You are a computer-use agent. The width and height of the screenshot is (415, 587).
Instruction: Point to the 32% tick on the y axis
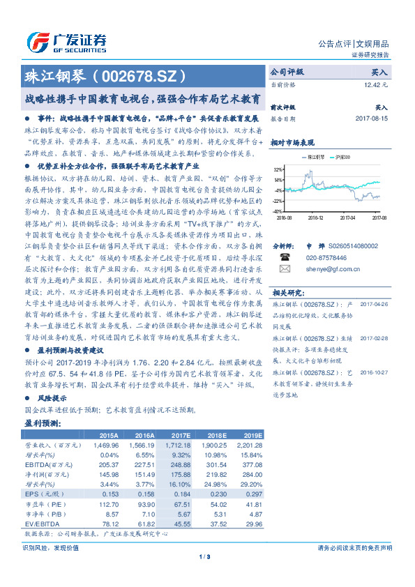click(x=278, y=169)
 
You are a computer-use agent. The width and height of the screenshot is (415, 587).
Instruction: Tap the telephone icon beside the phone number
click(x=285, y=257)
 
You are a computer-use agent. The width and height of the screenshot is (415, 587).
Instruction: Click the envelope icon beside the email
click(x=285, y=268)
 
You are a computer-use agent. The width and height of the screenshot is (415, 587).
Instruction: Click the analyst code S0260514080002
click(x=352, y=246)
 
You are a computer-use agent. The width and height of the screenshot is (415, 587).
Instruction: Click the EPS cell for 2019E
click(x=254, y=494)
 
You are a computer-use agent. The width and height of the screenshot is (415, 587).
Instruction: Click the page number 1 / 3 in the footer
click(x=207, y=556)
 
